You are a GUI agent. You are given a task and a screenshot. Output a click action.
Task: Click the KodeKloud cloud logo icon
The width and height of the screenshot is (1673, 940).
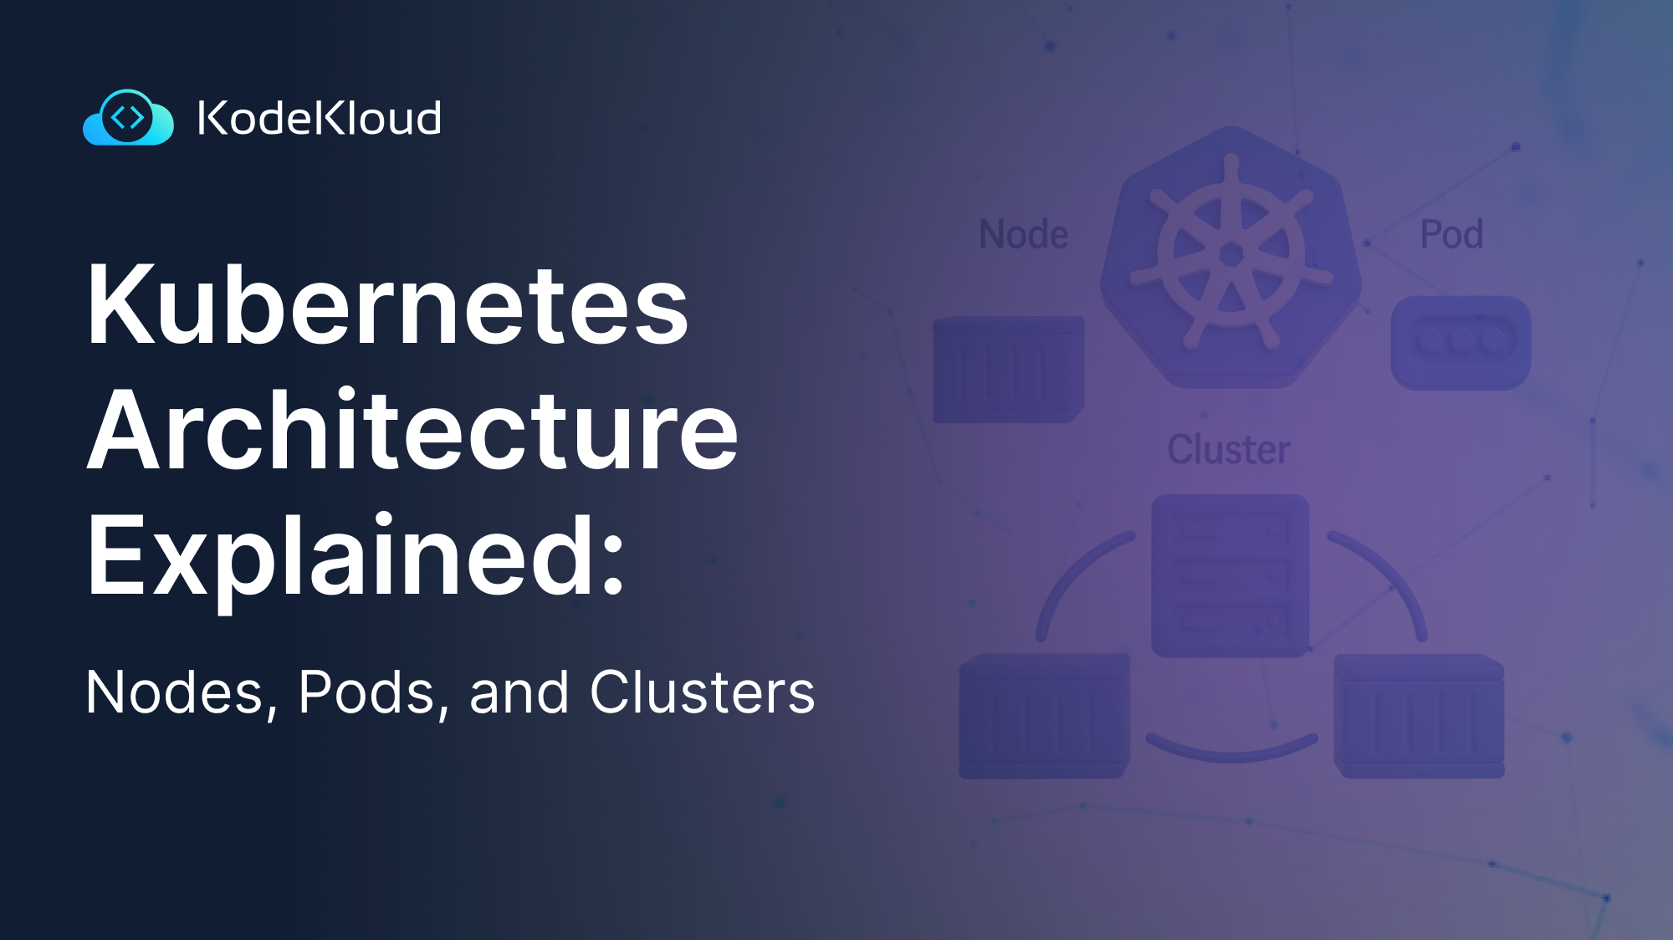pos(128,118)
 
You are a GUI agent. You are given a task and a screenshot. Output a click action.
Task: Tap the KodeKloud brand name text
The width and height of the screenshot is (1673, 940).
pos(319,118)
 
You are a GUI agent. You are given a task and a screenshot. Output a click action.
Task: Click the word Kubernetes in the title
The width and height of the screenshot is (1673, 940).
pos(387,304)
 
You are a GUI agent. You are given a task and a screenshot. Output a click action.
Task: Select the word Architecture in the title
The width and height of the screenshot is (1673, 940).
pos(412,430)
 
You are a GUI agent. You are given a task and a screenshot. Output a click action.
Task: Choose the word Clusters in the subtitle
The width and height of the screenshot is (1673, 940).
pos(702,692)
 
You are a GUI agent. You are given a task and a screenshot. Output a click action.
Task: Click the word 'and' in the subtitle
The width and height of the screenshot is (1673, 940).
pos(519,692)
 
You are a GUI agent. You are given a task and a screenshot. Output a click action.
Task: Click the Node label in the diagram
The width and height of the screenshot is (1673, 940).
pos(1023,234)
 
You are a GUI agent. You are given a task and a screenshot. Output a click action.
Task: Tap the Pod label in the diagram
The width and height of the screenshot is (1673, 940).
pos(1451,234)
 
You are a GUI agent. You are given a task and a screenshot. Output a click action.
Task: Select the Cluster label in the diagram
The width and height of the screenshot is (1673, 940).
pos(1228,450)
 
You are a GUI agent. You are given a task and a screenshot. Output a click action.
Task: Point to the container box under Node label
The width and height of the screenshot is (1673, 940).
pos(1008,369)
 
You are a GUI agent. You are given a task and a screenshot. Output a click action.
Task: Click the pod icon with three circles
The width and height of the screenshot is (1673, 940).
pos(1461,341)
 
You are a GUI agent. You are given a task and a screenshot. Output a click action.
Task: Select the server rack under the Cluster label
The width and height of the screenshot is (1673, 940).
pos(1230,575)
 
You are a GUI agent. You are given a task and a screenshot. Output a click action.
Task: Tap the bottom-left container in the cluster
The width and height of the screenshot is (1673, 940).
pos(1044,716)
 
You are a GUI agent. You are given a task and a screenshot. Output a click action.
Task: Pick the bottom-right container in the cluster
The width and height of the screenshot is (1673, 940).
pos(1419,716)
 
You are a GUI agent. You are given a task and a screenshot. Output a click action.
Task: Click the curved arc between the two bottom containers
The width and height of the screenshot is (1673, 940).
pos(1231,749)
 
